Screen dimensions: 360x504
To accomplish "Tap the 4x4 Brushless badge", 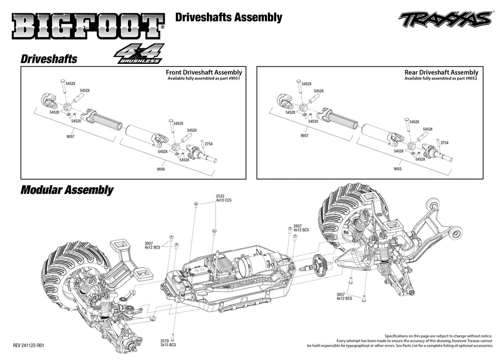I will (x=139, y=54).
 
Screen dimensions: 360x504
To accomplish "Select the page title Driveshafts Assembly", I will (x=228, y=17).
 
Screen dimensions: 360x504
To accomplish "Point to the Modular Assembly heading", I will (x=67, y=190).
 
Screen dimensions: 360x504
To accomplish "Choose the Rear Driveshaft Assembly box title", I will (x=441, y=73).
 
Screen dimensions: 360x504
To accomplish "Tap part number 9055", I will (x=398, y=168).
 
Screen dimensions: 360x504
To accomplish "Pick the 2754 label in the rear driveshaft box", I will (x=444, y=143).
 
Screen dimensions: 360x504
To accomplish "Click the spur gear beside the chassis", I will (x=323, y=263).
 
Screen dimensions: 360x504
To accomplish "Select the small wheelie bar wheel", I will (x=454, y=234).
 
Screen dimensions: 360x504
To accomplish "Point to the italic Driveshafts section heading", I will (x=49, y=59).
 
